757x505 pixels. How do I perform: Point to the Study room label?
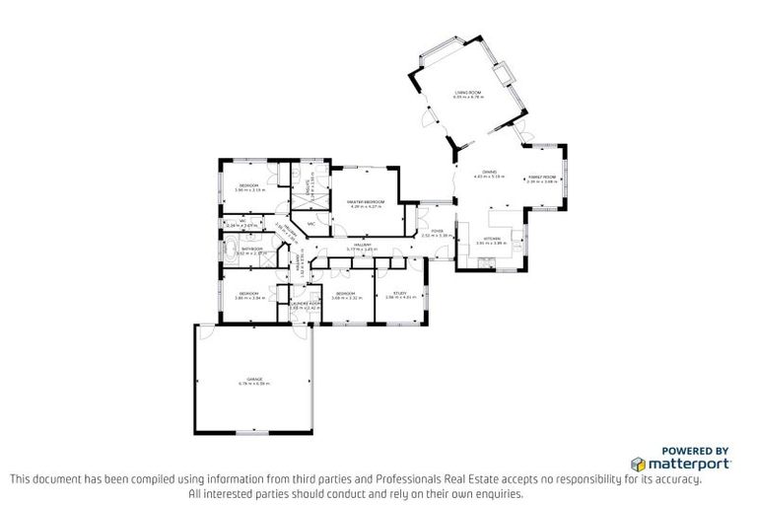click(x=400, y=293)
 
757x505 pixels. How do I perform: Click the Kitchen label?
click(x=490, y=239)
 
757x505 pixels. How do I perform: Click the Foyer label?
click(x=436, y=232)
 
